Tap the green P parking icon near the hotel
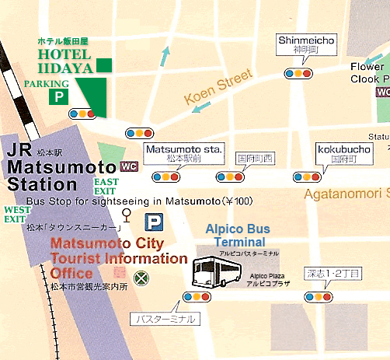(57, 96)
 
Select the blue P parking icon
(156, 223)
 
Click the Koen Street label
(218, 86)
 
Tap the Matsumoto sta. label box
(185, 152)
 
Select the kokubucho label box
(338, 152)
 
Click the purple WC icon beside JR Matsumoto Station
(129, 166)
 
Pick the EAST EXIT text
(106, 186)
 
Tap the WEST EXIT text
(17, 214)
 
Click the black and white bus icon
(211, 273)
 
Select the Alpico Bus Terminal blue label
(237, 235)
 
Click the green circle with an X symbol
(141, 277)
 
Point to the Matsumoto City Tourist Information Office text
(117, 259)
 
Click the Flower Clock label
(367, 72)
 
